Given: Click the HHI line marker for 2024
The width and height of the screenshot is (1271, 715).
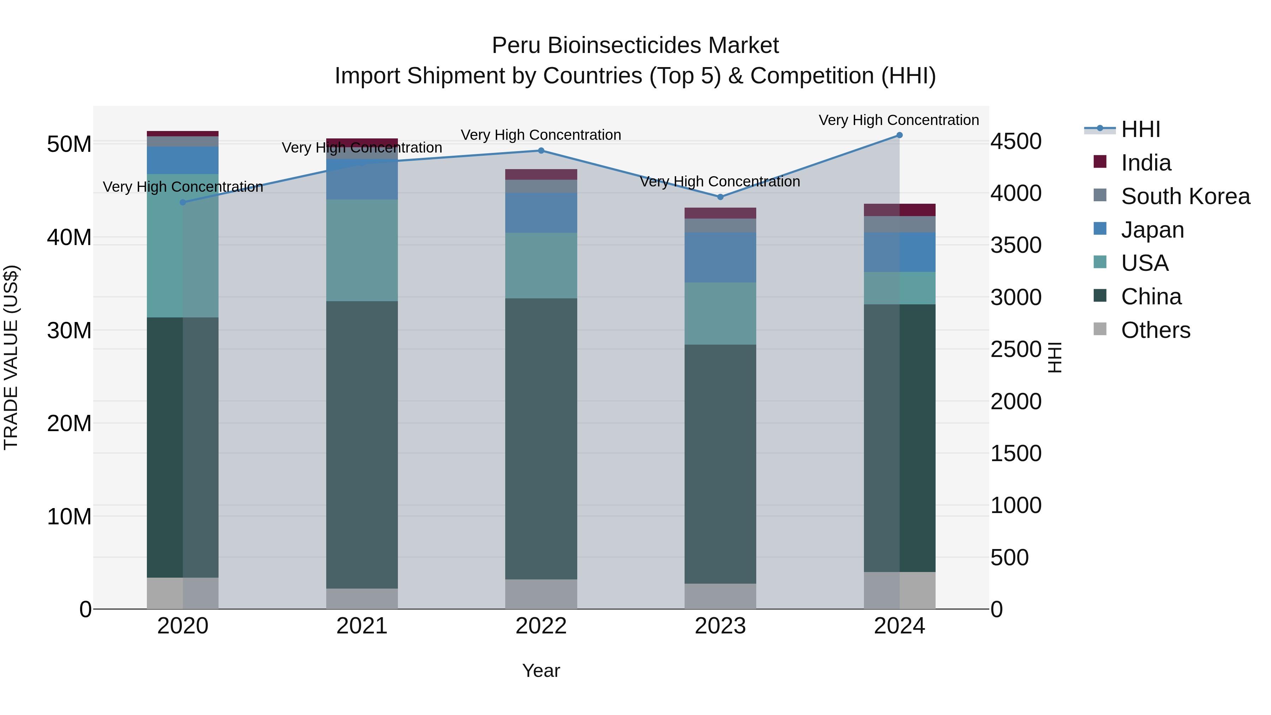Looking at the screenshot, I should (899, 135).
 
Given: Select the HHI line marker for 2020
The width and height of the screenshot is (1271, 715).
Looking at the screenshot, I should (183, 202).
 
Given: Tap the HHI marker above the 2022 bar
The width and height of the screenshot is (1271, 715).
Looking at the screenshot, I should (541, 150).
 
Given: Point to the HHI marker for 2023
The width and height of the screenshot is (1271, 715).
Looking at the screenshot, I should (720, 197).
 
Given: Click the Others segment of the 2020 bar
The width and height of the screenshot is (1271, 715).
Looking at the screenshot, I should (183, 593).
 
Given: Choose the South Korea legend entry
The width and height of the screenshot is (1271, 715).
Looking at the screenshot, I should (1185, 196).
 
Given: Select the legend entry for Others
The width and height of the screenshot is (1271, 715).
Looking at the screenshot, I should (1155, 330).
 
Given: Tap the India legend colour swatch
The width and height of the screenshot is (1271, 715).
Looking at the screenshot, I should (1100, 162).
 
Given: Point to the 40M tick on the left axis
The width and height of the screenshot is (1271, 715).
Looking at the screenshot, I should (69, 237).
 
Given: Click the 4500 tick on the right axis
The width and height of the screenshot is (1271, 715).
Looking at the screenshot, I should (1016, 142).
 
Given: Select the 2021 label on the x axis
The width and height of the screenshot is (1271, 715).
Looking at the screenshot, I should (362, 626).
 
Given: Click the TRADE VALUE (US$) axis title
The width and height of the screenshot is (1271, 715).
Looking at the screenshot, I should (11, 357).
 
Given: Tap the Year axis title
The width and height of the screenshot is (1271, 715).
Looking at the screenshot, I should (541, 671).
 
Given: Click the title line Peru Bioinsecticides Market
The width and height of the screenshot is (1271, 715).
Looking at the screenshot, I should (635, 46).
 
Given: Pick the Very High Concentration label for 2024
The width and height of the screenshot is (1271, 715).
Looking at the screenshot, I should (899, 120).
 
